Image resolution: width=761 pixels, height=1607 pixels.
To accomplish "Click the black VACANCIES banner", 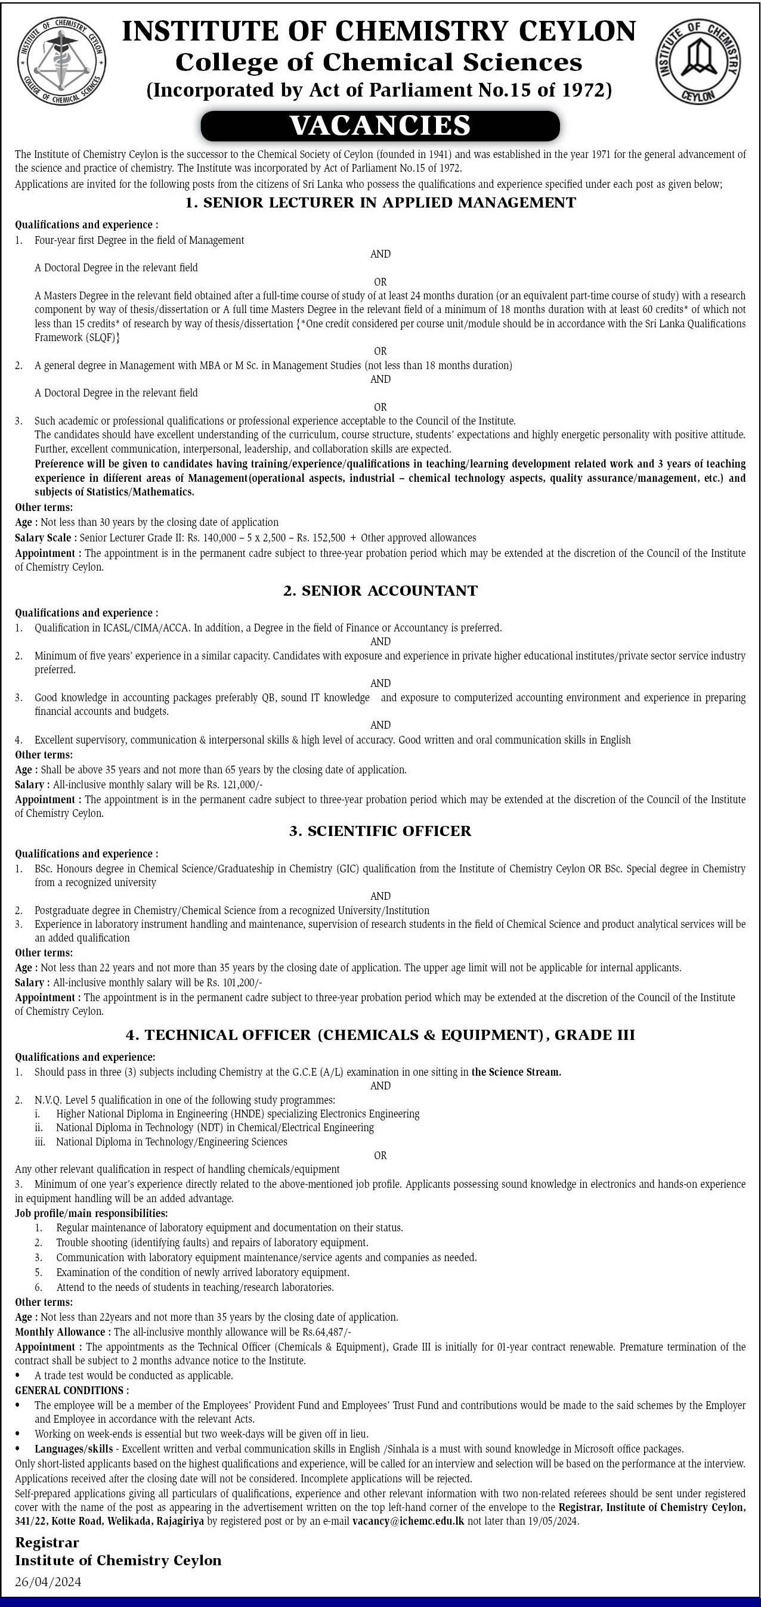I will point(380,125).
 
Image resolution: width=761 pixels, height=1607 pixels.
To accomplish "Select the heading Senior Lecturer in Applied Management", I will point(380,202).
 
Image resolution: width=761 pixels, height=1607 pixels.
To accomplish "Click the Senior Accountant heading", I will point(380,591).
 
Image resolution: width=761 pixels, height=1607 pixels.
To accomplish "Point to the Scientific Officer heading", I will point(380,831).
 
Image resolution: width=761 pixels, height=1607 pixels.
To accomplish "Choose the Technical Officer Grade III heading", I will point(380,1035).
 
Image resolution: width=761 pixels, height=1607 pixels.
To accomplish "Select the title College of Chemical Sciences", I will point(379,63).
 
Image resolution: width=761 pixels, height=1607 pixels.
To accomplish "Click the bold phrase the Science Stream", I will point(516,1072).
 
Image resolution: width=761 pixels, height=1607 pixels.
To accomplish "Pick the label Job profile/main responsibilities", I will point(91,1213).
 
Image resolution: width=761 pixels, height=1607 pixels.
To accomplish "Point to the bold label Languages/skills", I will point(73,1449).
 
